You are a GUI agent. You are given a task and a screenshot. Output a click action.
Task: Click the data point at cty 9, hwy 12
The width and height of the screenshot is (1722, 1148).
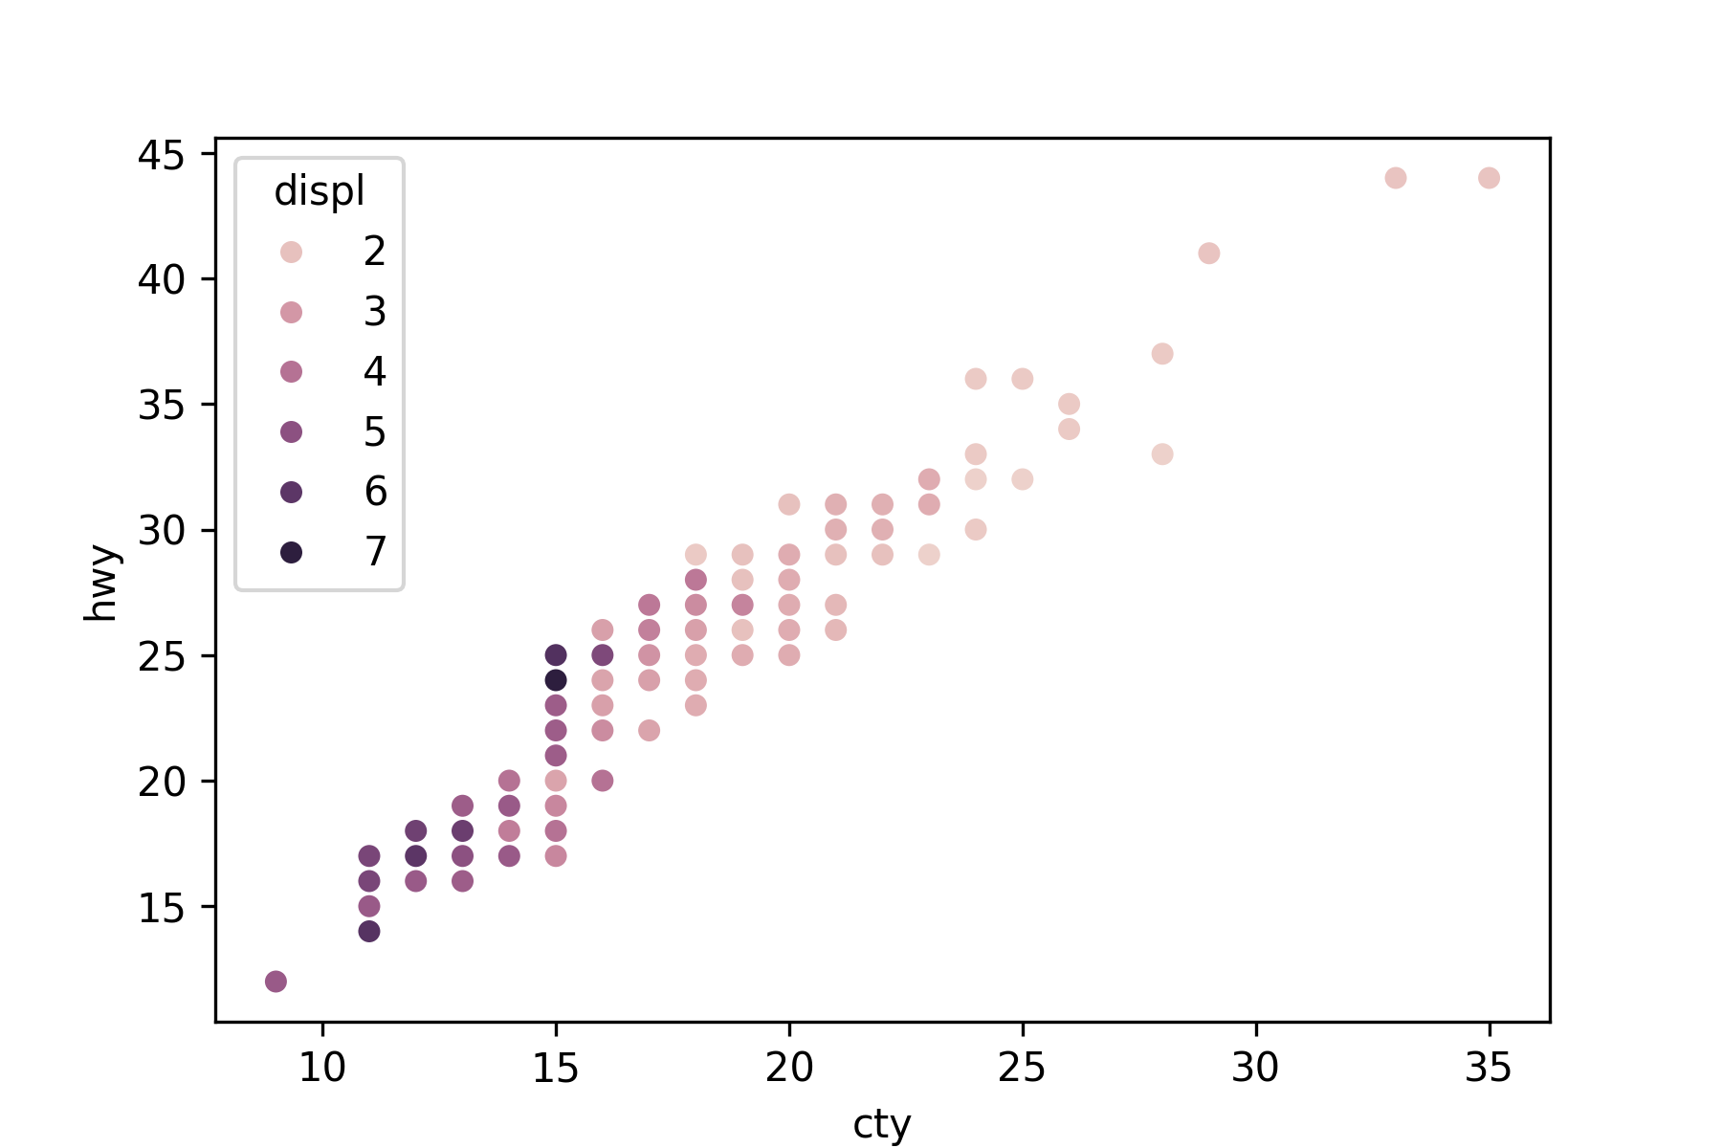276,982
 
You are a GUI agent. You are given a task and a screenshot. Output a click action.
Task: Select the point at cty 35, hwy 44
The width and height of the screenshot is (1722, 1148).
1489,178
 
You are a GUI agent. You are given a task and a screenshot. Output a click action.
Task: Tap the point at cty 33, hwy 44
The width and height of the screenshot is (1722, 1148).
1396,178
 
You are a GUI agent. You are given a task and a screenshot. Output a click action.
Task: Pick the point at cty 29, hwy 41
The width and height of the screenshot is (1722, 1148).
1209,254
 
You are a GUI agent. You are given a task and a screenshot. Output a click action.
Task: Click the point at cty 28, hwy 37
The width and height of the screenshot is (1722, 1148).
1162,354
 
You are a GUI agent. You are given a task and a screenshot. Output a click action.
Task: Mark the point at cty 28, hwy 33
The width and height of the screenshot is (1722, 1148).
1162,454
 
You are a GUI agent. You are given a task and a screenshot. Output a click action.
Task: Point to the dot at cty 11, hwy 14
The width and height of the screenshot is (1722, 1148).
369,931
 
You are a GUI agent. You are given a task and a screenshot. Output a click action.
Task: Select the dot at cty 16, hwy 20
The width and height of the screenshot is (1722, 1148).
603,781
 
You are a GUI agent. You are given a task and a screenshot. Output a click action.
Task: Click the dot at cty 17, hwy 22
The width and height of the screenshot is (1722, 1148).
649,730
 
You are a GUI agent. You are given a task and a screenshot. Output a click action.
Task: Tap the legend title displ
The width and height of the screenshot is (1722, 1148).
320,191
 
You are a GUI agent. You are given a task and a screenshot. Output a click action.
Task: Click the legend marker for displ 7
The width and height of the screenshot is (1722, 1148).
292,552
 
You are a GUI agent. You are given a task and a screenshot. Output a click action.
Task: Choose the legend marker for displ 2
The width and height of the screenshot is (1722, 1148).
292,252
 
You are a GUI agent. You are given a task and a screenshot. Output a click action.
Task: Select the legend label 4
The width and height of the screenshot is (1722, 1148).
375,372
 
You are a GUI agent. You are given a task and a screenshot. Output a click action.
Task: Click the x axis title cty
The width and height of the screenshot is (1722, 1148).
881,1124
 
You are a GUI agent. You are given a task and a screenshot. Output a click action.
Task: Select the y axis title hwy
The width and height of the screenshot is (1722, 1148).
100,584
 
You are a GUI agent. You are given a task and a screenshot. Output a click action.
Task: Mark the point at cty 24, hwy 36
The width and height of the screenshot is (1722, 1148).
976,379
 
